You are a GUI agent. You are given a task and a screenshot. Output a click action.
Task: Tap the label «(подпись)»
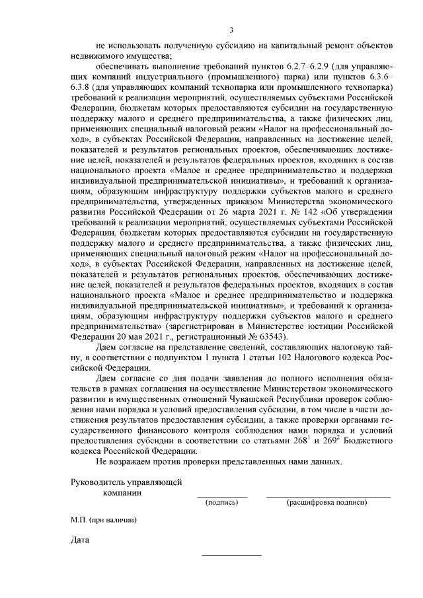pos(222,503)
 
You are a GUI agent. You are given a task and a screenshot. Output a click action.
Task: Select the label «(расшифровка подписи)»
pos(327,503)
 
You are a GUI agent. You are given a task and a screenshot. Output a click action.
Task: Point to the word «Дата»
pos(79,542)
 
